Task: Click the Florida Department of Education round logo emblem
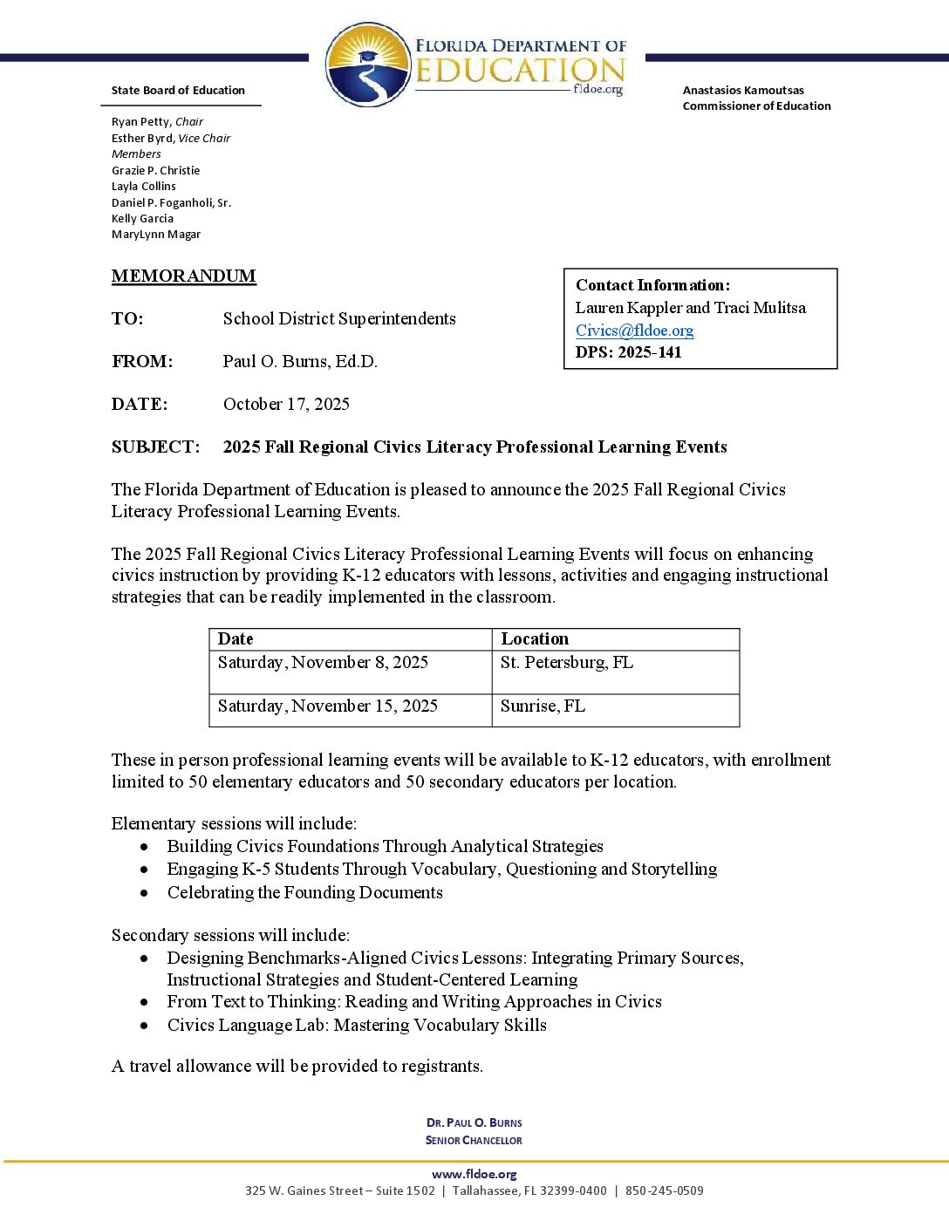pyautogui.click(x=368, y=65)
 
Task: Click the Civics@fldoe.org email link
pyautogui.click(x=634, y=331)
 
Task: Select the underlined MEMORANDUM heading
pyautogui.click(x=183, y=276)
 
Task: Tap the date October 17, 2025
pyautogui.click(x=286, y=404)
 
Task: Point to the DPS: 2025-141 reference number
pyautogui.click(x=628, y=352)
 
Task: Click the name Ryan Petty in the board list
pyautogui.click(x=141, y=122)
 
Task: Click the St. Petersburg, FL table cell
pyautogui.click(x=567, y=663)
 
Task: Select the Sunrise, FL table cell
pyautogui.click(x=543, y=706)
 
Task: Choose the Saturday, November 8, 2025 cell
pyautogui.click(x=323, y=663)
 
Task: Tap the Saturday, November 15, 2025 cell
pyautogui.click(x=327, y=706)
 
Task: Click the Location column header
pyautogui.click(x=534, y=639)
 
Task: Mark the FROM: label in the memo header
pyautogui.click(x=142, y=362)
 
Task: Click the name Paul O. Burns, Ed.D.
pyautogui.click(x=300, y=362)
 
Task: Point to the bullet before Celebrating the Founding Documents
pyautogui.click(x=144, y=893)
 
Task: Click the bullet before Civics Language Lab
pyautogui.click(x=144, y=1026)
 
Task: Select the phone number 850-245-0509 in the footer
pyautogui.click(x=664, y=1190)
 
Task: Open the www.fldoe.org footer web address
pyautogui.click(x=474, y=1175)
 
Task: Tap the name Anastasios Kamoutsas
pyautogui.click(x=743, y=91)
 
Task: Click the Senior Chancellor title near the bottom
pyautogui.click(x=474, y=1141)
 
